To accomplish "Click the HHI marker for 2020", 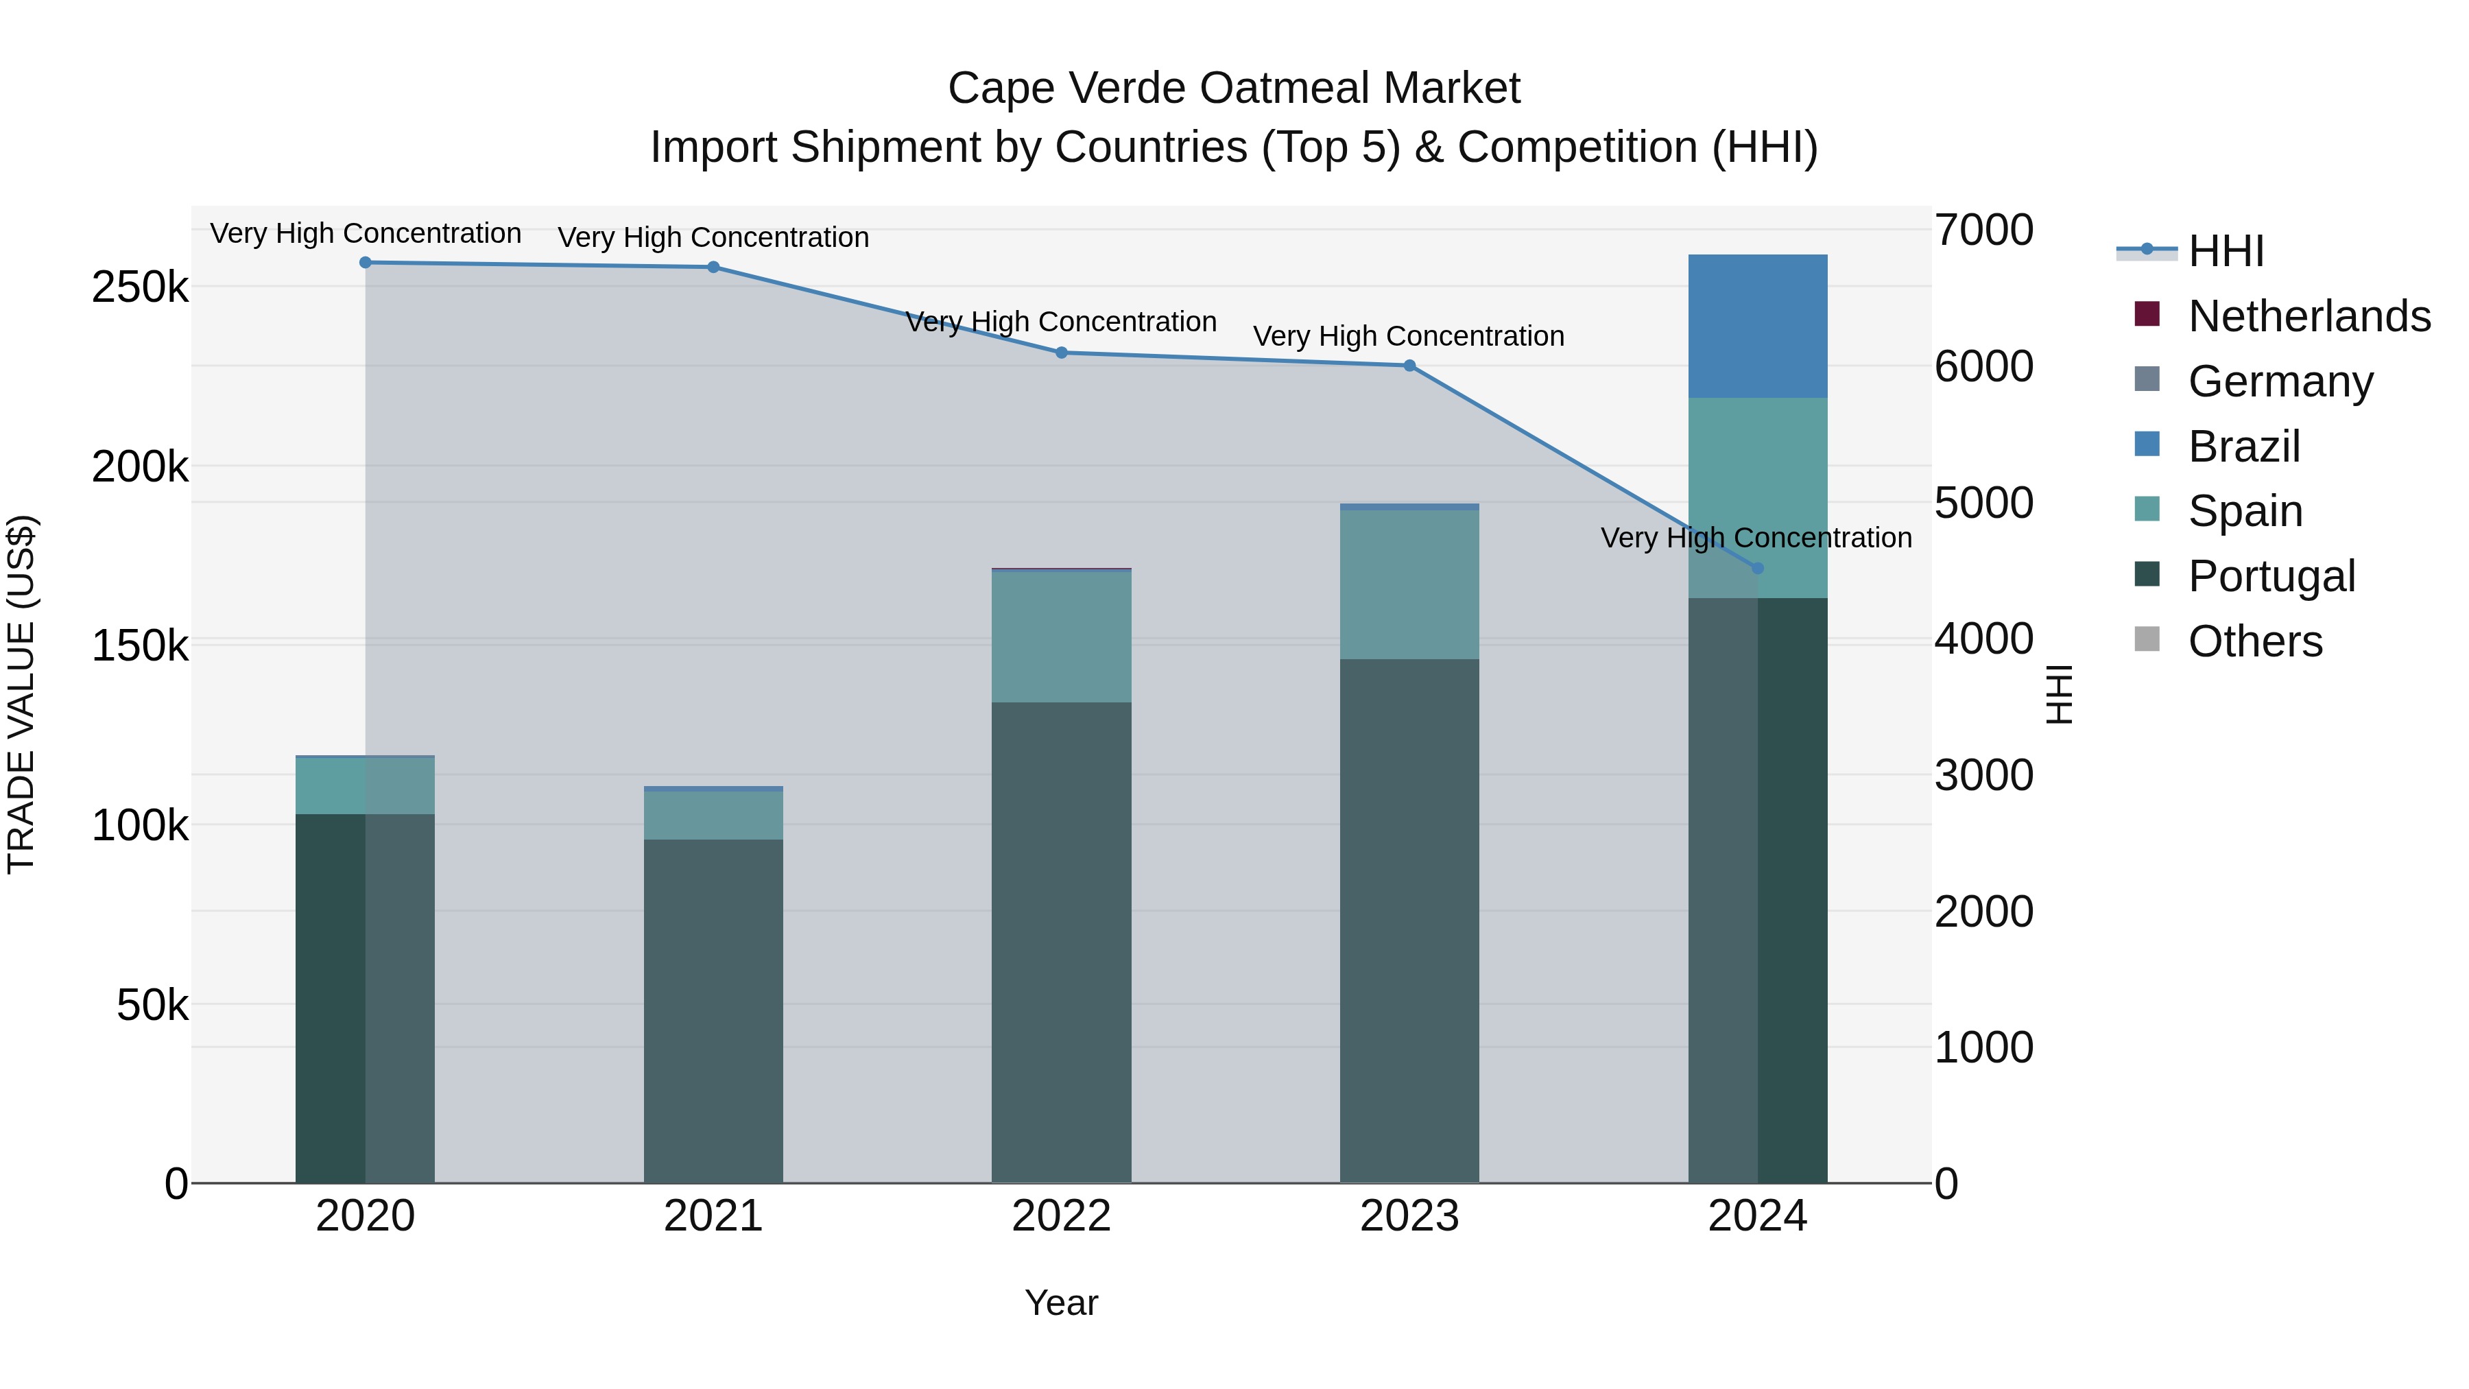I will click(365, 263).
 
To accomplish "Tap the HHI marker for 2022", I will click(1061, 353).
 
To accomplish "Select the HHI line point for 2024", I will click(1757, 569).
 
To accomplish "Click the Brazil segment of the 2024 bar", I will click(1757, 326).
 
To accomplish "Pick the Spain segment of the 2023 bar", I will click(1409, 584).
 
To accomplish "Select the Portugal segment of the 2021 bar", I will click(713, 1010).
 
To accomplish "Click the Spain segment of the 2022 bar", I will click(1061, 637).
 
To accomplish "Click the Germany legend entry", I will click(2280, 381).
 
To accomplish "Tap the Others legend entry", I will click(2254, 641).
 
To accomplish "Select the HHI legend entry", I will click(2226, 251).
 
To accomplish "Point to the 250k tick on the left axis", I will click(140, 287).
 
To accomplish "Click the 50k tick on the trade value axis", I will click(152, 1006).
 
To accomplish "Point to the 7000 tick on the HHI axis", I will click(1983, 230).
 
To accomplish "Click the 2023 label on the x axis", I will click(1409, 1216).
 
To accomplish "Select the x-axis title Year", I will click(1061, 1303).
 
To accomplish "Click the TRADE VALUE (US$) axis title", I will click(21, 694).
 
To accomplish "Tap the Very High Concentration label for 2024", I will click(1756, 538).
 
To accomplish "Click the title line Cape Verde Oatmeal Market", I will click(1234, 88).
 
